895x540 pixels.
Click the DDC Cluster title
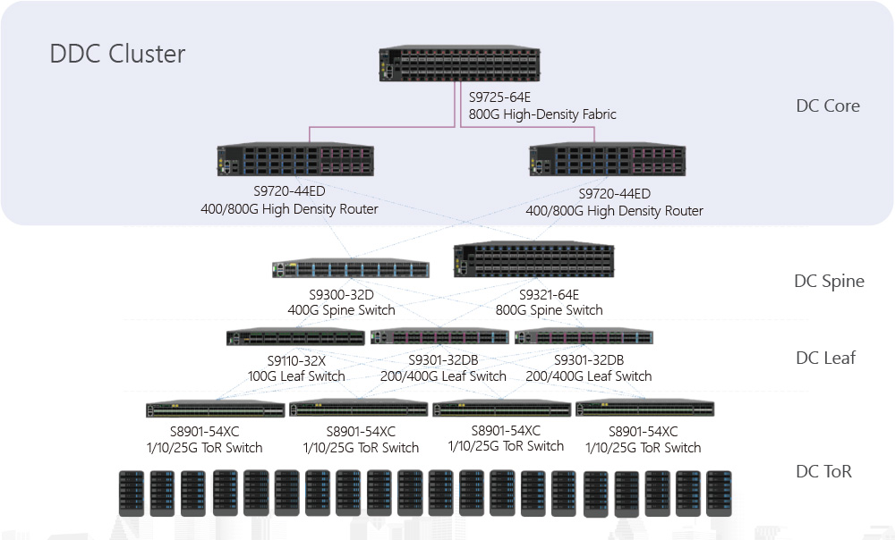(x=117, y=54)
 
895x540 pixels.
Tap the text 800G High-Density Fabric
(x=542, y=114)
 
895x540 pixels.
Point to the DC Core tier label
(x=828, y=105)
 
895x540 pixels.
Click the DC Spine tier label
(x=829, y=281)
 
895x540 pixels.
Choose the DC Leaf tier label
(x=825, y=358)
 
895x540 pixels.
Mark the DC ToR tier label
(x=823, y=470)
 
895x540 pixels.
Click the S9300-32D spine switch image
(x=351, y=269)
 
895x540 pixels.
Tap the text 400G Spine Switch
(x=341, y=310)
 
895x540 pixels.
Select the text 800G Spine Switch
(x=549, y=310)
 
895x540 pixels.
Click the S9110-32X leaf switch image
(x=295, y=337)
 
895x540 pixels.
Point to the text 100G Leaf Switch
(x=296, y=376)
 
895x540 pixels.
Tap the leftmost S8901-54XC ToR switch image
(x=215, y=409)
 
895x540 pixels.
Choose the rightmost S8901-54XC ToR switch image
(x=645, y=409)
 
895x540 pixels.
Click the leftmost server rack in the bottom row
(x=131, y=493)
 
